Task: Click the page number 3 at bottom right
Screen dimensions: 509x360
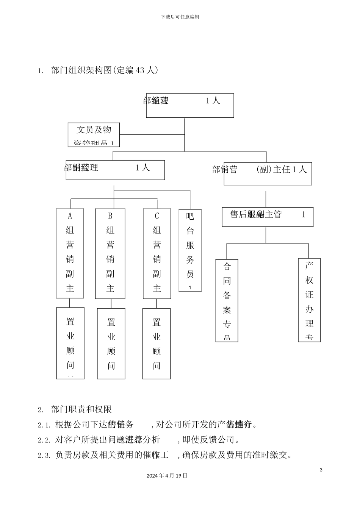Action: (x=321, y=470)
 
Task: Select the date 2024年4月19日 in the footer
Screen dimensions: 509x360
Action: (x=167, y=476)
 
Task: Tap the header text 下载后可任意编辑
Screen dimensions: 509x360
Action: (x=180, y=17)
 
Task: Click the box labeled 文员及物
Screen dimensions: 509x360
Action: (x=94, y=134)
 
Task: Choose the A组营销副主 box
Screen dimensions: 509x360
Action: (x=70, y=253)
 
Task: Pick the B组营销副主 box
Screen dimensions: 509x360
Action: (x=110, y=253)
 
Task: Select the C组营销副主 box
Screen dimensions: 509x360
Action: (x=157, y=253)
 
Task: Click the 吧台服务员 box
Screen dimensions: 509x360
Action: (x=190, y=250)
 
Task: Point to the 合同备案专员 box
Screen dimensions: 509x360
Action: (x=227, y=300)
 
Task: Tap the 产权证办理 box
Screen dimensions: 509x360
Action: (x=309, y=300)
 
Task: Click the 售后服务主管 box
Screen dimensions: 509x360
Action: (x=267, y=217)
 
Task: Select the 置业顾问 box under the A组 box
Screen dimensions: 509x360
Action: (x=70, y=343)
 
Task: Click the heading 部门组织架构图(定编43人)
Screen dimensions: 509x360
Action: (x=104, y=70)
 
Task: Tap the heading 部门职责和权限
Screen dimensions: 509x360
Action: (x=81, y=409)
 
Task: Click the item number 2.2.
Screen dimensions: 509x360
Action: (x=44, y=440)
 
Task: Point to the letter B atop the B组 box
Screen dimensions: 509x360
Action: (x=110, y=216)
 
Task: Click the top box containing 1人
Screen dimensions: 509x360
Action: (x=190, y=106)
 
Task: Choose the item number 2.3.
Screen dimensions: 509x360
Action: (x=44, y=456)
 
